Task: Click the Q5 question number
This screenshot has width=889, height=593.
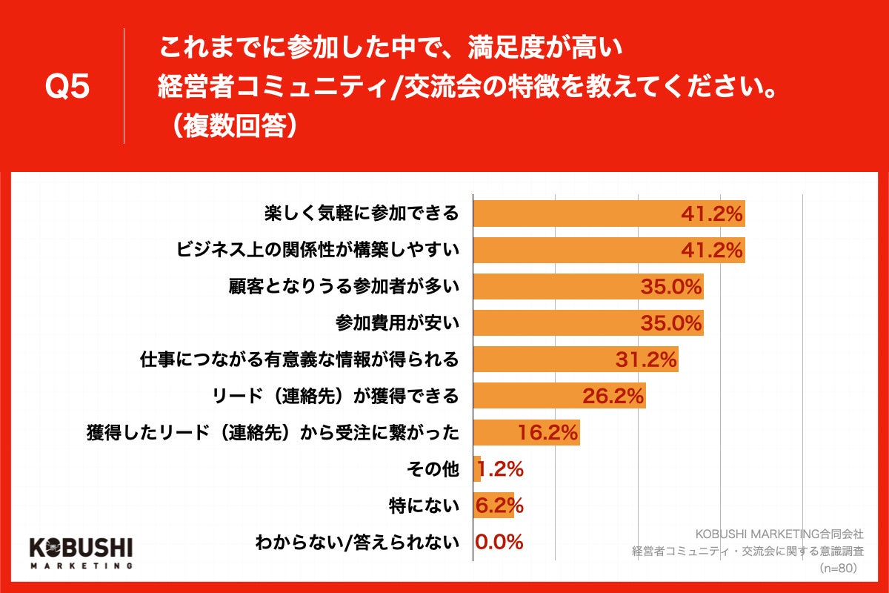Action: click(x=67, y=87)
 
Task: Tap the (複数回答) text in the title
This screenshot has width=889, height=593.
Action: click(x=230, y=125)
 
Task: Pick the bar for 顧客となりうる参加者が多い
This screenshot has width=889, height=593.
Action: click(x=588, y=287)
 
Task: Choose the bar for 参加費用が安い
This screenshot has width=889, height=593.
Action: click(x=588, y=323)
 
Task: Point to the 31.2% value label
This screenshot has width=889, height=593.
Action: click(x=646, y=360)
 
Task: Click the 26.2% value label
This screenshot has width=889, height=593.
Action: click(x=613, y=396)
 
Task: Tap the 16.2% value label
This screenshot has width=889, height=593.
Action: click(x=547, y=432)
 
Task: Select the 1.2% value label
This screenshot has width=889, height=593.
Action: click(x=501, y=468)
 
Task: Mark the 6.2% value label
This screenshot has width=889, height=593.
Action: click(x=499, y=505)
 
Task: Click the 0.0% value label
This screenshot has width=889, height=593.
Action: click(x=499, y=542)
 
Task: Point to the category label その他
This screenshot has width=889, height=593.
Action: click(x=433, y=468)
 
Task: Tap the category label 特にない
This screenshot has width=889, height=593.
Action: click(x=424, y=506)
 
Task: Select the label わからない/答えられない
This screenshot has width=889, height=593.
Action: click(x=357, y=542)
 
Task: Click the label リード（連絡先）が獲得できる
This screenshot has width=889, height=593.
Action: click(x=335, y=396)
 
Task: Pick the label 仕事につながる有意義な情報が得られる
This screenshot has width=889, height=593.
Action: click(x=299, y=360)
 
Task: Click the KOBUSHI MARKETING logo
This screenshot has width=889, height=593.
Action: click(x=81, y=552)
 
